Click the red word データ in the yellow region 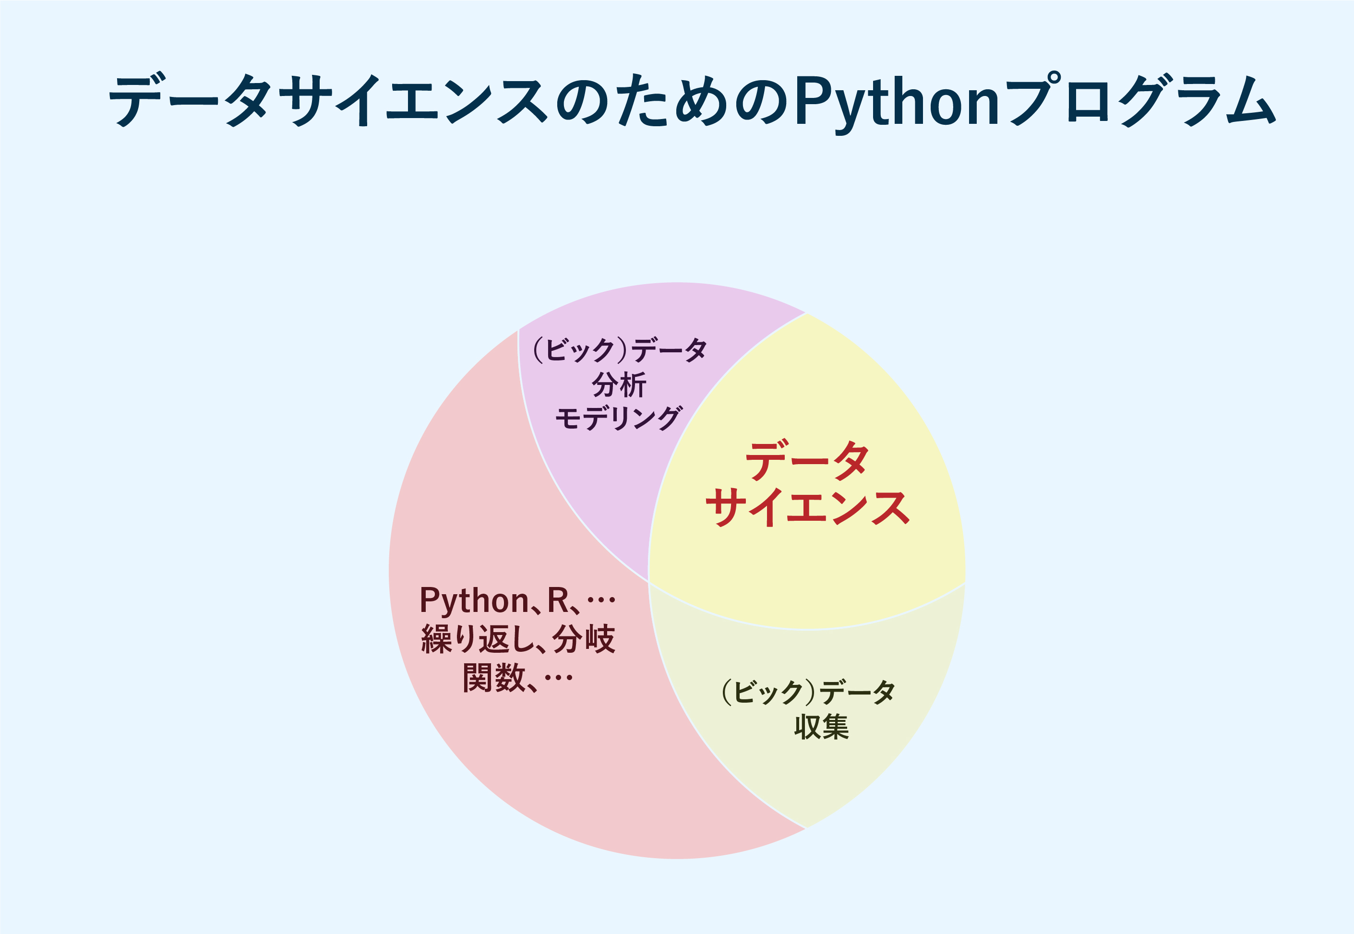807,461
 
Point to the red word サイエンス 807,507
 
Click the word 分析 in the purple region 619,384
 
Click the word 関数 494,678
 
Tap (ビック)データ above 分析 620,350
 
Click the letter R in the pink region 558,600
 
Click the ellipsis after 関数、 558,679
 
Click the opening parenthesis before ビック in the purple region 537,350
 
